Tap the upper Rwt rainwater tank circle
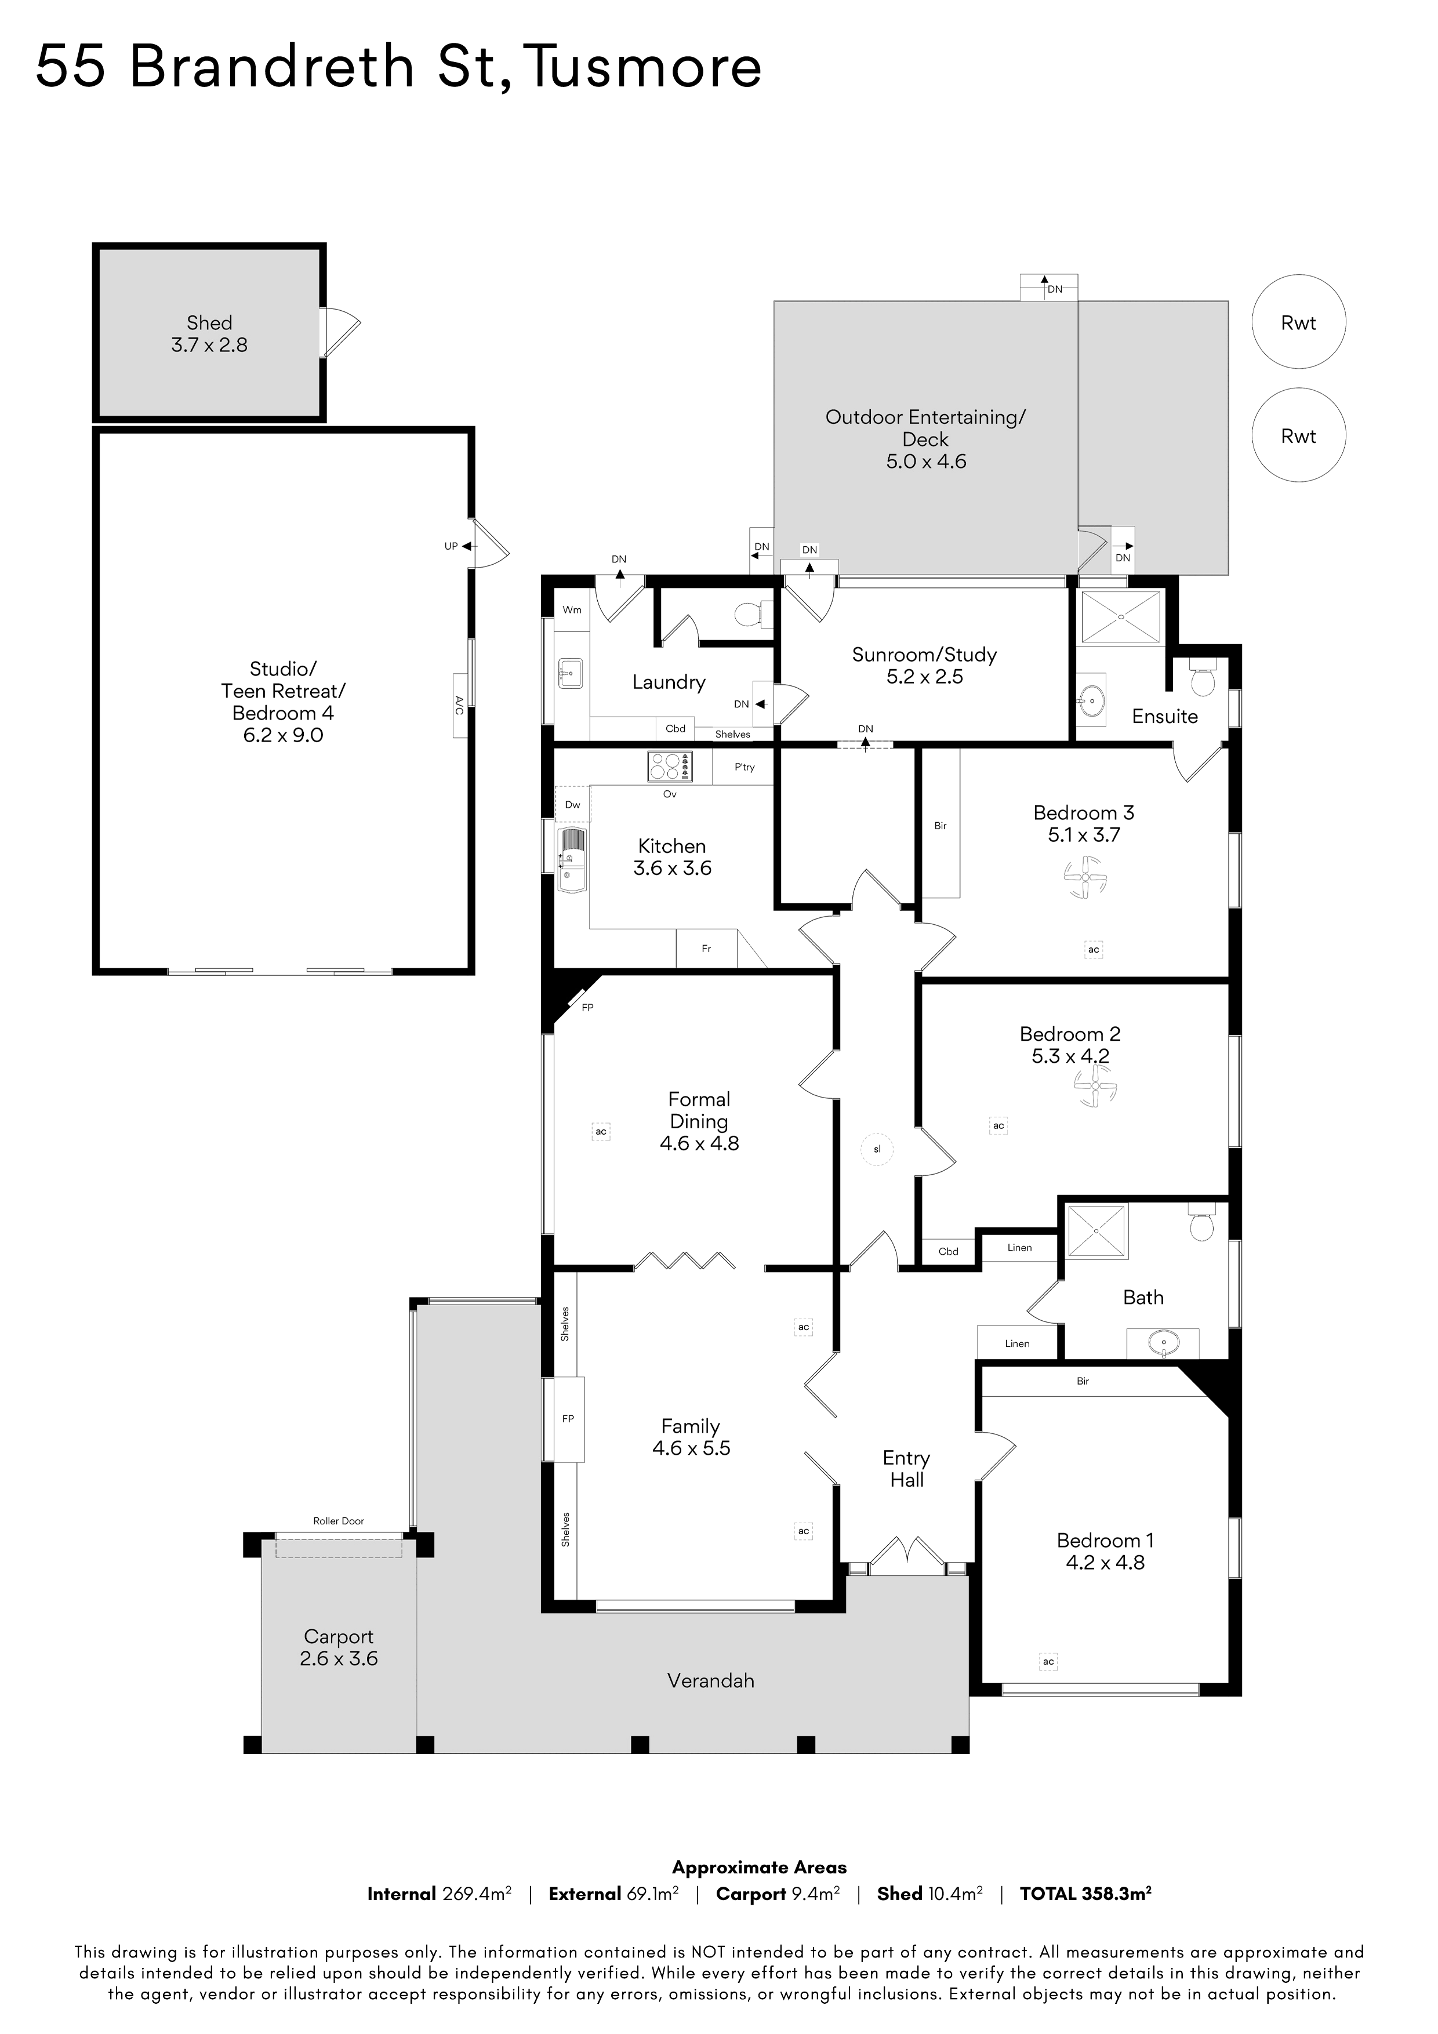(x=1298, y=322)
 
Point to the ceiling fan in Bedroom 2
(x=1096, y=1086)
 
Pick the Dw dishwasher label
(x=572, y=804)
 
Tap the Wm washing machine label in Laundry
(x=572, y=609)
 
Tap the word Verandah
(x=710, y=1680)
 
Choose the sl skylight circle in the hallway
(x=877, y=1149)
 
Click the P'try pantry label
(x=745, y=767)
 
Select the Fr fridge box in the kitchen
(x=706, y=948)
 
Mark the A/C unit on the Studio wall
(x=460, y=705)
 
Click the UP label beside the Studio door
(x=451, y=547)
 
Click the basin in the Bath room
(x=1163, y=1344)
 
